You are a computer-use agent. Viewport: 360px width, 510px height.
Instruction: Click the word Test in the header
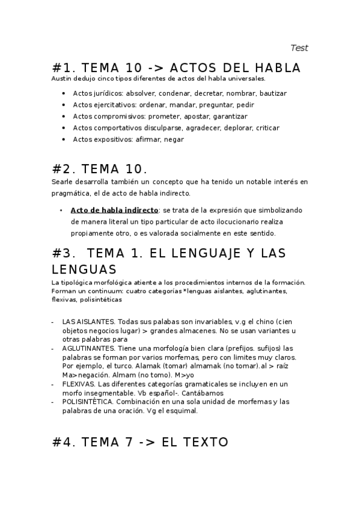[x=299, y=48]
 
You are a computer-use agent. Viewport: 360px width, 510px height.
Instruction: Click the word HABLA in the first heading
[x=272, y=67]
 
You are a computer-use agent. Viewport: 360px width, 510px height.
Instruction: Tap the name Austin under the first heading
[x=61, y=79]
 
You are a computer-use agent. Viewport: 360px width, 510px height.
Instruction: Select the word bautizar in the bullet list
[x=273, y=93]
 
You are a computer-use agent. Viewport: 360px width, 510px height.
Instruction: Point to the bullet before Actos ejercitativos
[x=64, y=105]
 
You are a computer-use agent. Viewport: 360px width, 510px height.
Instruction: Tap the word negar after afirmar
[x=174, y=139]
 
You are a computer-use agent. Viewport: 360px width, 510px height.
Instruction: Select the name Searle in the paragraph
[x=61, y=181]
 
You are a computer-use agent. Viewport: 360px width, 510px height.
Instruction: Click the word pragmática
[x=70, y=193]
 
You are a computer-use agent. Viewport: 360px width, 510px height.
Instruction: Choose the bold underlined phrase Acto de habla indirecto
[x=114, y=210]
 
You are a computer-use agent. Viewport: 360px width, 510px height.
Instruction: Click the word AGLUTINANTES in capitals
[x=87, y=348]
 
